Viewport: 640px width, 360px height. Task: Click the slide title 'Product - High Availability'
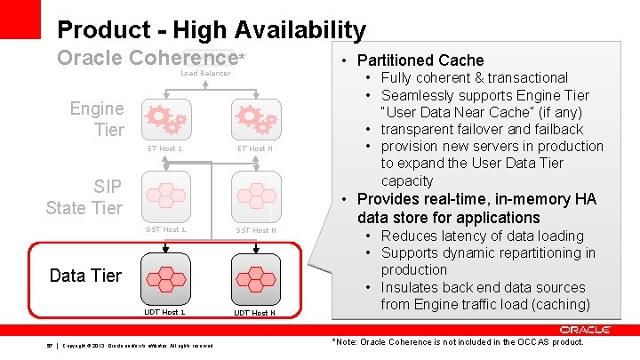(x=211, y=30)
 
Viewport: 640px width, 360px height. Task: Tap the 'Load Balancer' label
(x=205, y=73)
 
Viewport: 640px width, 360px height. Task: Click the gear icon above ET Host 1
(x=165, y=119)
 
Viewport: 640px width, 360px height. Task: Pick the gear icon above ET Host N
(x=253, y=119)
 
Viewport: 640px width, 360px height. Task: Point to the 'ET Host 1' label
(x=165, y=148)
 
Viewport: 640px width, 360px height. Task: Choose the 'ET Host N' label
(x=255, y=148)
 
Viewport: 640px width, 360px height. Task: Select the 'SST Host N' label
(x=255, y=230)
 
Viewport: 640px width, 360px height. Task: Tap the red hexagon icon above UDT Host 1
(x=165, y=275)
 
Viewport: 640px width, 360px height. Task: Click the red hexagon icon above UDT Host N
(x=253, y=275)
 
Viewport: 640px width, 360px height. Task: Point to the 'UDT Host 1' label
(x=165, y=312)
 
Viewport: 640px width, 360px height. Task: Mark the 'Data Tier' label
(x=85, y=276)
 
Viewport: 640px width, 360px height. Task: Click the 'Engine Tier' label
(x=97, y=119)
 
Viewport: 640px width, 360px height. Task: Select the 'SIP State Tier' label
(x=84, y=196)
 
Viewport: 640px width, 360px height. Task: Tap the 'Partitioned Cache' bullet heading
(x=420, y=60)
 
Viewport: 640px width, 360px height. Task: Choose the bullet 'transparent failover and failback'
(x=482, y=129)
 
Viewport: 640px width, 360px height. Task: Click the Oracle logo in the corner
(x=585, y=330)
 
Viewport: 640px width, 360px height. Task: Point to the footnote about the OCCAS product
(x=457, y=342)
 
